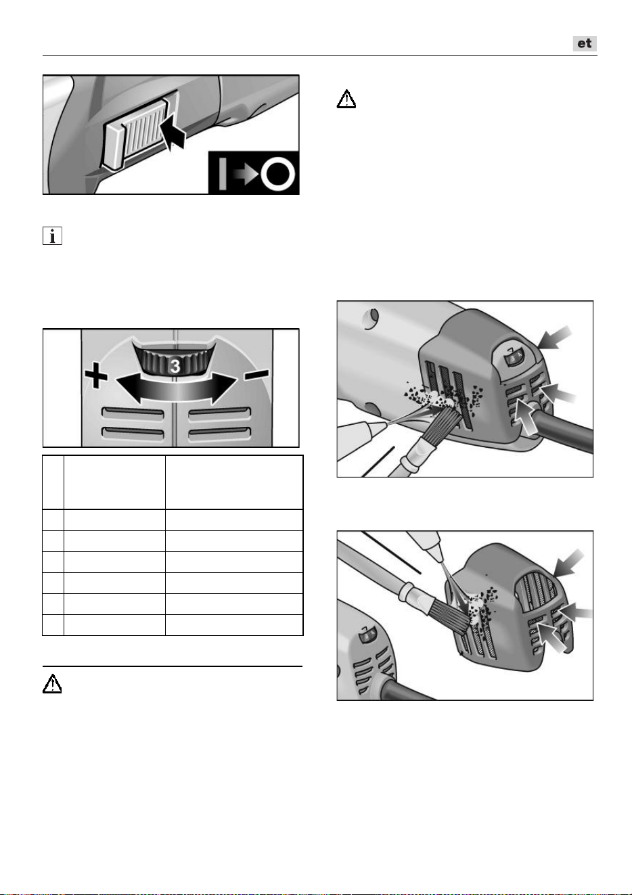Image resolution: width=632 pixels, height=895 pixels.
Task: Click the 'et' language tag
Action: [x=585, y=43]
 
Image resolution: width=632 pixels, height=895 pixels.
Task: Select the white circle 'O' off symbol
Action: [x=278, y=174]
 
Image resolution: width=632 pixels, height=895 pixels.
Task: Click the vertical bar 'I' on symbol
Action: [x=223, y=174]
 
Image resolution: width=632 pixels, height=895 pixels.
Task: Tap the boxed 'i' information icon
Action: [x=52, y=235]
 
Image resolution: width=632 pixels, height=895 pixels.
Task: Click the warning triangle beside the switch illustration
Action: [x=346, y=99]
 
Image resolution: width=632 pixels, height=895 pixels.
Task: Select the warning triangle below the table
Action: [x=52, y=684]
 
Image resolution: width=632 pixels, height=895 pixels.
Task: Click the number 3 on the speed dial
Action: [x=175, y=366]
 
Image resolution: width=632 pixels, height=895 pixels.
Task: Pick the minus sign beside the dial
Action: [x=256, y=375]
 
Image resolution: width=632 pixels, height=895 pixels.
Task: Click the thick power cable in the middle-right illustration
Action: [x=564, y=430]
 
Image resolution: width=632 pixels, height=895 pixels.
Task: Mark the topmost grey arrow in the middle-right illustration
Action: [x=554, y=338]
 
